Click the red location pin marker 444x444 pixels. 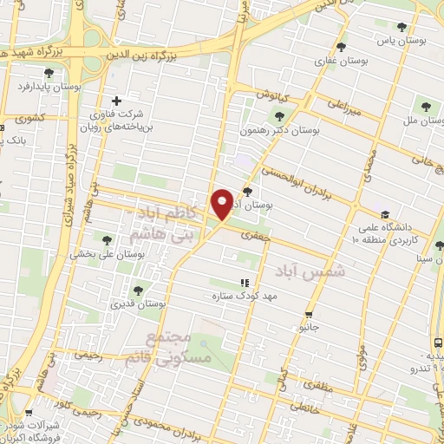[222, 203]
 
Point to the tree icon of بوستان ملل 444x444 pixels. [424, 107]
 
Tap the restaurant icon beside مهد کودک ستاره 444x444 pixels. [245, 283]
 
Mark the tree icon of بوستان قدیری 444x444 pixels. [138, 290]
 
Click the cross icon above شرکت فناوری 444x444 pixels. [117, 101]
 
